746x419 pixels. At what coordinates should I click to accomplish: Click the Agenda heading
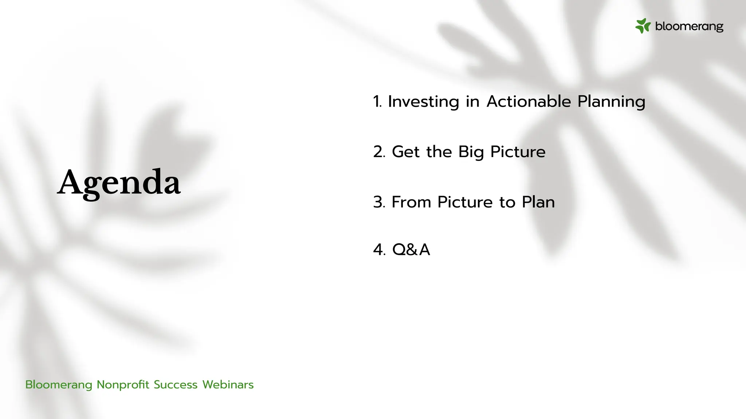click(119, 183)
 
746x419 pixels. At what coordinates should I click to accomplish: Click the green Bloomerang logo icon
click(643, 26)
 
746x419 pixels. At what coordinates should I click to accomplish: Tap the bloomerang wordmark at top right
click(689, 26)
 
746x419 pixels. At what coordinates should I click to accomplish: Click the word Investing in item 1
click(423, 101)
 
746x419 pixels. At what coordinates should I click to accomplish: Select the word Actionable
click(529, 101)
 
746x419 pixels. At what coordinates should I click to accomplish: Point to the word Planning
click(611, 101)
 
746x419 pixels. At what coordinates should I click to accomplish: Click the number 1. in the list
click(377, 101)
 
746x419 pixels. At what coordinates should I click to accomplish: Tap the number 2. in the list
click(379, 152)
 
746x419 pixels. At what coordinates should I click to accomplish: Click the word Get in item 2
click(406, 152)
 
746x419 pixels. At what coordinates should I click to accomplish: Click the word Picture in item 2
click(518, 152)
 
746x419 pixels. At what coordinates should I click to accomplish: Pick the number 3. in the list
click(379, 202)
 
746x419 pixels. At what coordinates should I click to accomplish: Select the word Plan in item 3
click(538, 202)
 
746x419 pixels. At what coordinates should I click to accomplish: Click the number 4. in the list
click(379, 250)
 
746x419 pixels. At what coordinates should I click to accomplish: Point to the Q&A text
click(411, 250)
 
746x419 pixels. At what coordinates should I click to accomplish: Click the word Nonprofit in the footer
click(123, 384)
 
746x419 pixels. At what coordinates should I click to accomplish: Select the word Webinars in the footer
click(228, 384)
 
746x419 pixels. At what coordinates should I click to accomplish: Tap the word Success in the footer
click(176, 384)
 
